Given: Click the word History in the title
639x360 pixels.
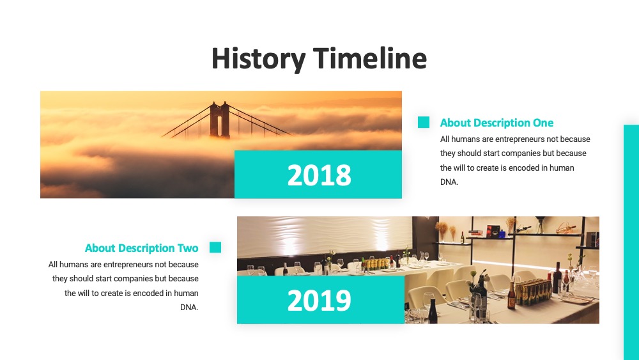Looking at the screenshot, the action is coord(258,59).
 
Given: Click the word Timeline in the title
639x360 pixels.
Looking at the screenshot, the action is coord(370,58).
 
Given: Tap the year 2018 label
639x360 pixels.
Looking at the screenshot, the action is coord(319,175).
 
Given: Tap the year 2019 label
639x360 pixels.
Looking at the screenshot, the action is coord(319,301).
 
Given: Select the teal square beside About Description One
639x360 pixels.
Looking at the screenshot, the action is coord(424,122).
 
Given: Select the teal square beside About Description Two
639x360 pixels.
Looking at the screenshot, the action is coord(215,247).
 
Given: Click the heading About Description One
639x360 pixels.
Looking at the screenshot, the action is coord(497,123).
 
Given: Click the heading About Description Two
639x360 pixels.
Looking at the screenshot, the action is coord(141,248).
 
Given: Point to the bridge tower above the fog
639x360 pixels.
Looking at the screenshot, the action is coord(220,120).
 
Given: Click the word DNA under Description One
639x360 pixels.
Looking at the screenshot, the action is coord(449,182).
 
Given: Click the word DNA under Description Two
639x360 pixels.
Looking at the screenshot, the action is coord(189,308).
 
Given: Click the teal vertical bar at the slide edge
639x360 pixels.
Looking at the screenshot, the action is coord(631,242).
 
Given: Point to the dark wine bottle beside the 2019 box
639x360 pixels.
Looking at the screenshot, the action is coord(433,311).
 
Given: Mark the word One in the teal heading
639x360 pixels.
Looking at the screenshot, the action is coord(543,123).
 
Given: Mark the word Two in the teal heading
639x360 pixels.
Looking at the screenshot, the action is coord(188,248).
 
